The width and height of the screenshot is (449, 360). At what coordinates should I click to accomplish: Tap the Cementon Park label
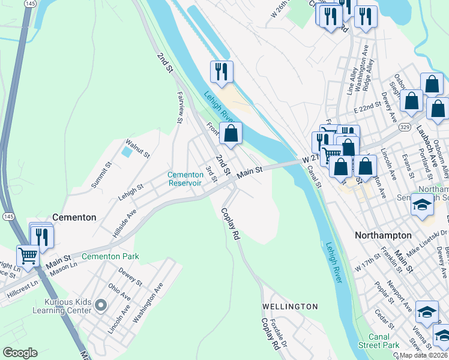pyautogui.click(x=110, y=256)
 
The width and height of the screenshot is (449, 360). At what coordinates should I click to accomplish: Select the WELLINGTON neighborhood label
pyautogui.click(x=290, y=307)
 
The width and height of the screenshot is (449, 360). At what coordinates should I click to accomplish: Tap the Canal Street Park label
pyautogui.click(x=381, y=341)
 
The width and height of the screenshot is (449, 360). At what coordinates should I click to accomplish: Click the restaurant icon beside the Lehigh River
pyautogui.click(x=221, y=71)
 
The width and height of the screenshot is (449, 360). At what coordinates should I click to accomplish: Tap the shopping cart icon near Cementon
pyautogui.click(x=28, y=256)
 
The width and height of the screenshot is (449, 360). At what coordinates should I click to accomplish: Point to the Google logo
pyautogui.click(x=20, y=353)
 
